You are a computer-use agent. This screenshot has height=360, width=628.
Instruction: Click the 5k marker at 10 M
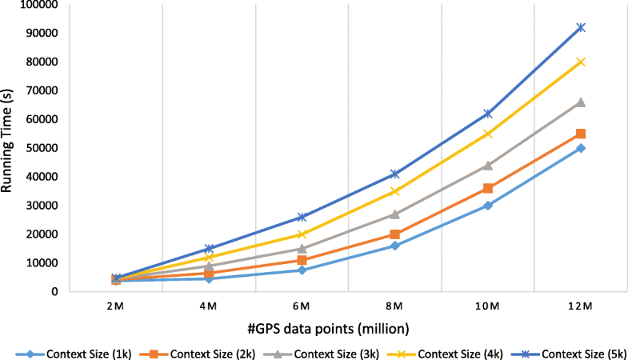tap(488, 114)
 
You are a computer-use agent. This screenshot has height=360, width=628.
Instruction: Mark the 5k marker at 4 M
tap(209, 249)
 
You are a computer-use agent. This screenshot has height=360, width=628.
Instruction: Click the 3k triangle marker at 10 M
tap(488, 166)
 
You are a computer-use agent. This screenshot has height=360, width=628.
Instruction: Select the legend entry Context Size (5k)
tap(569, 351)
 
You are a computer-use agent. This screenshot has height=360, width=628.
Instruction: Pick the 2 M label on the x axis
tap(116, 307)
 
